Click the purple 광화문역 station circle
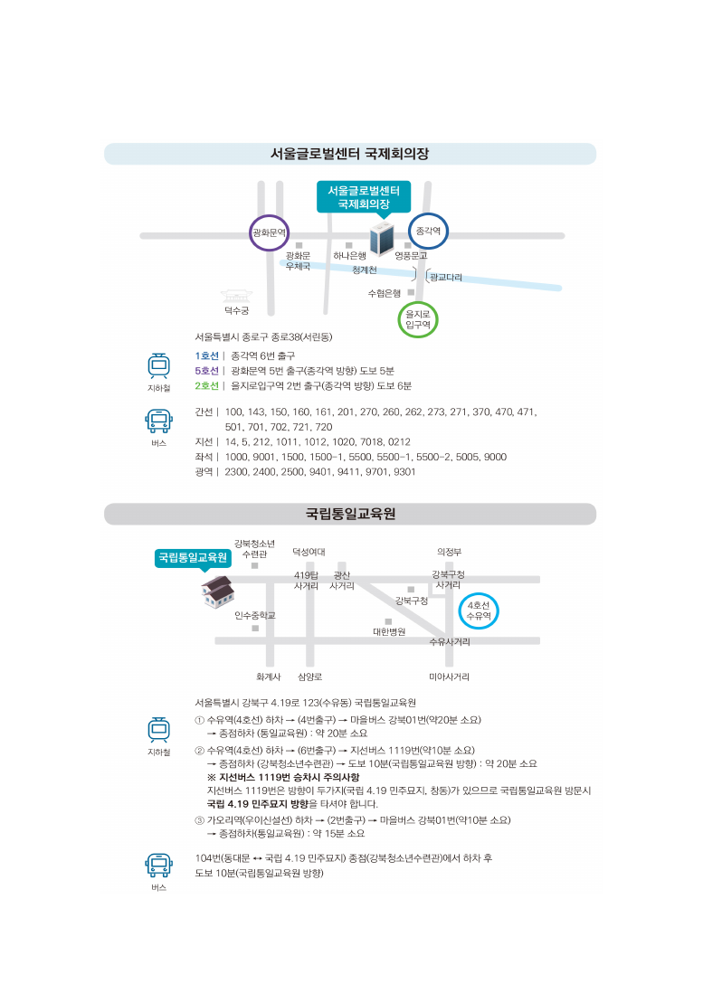point(270,232)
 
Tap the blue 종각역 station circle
point(429,232)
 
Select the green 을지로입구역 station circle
point(418,319)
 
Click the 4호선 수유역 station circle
point(479,611)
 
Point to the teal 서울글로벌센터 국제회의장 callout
point(364,197)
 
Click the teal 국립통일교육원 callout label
point(193,558)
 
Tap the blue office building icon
point(382,238)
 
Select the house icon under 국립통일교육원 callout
point(217,592)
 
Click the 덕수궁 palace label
point(236,310)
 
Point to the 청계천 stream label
point(365,270)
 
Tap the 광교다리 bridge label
point(446,277)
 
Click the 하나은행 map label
point(350,255)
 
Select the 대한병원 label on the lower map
point(389,631)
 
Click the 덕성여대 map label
point(309,552)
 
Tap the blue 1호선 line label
point(206,355)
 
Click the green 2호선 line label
point(206,385)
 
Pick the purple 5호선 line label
point(206,371)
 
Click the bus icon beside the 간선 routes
point(158,421)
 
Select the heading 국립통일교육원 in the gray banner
point(350,514)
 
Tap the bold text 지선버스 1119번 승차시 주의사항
point(283,777)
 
